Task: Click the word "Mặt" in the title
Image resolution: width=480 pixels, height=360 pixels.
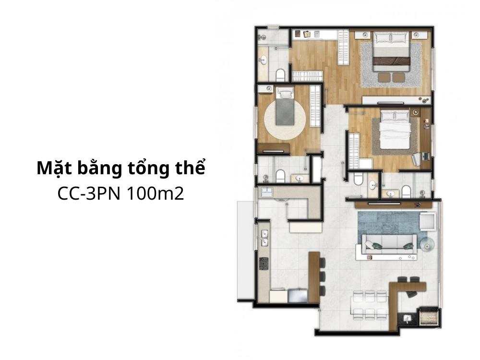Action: click(x=54, y=169)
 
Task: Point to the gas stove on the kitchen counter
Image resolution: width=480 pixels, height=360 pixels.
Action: click(x=264, y=263)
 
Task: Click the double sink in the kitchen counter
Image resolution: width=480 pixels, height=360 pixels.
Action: click(x=264, y=238)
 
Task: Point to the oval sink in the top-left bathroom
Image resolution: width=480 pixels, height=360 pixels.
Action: click(x=263, y=60)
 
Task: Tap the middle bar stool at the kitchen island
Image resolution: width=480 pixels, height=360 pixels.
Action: click(x=322, y=276)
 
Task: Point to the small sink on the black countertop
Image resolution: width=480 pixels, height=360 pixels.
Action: click(x=407, y=318)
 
